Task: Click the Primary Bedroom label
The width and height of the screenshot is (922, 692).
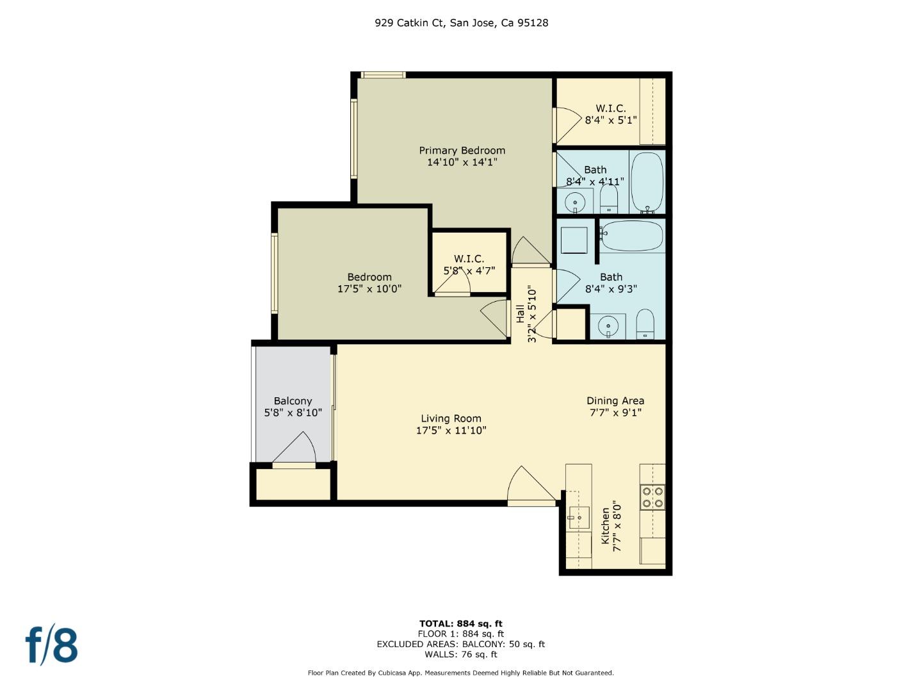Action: point(462,151)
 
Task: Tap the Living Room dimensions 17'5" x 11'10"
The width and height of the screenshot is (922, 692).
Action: point(451,431)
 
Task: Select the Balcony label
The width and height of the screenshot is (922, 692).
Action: point(293,401)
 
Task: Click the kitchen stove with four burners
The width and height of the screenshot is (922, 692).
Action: point(652,497)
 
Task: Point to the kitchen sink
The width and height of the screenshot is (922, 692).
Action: point(579,516)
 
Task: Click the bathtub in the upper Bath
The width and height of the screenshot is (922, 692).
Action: point(647,182)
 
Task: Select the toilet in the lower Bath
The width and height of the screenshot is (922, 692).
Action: point(645,324)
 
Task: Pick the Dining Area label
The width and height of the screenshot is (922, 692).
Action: point(615,401)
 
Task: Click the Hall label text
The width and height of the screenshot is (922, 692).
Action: point(520,313)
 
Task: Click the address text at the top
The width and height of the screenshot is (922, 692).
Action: point(461,23)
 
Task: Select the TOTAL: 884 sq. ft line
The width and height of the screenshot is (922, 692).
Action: point(461,623)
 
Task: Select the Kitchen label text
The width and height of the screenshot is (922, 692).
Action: point(605,526)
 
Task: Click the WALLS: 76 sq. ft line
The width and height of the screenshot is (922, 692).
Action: point(461,654)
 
